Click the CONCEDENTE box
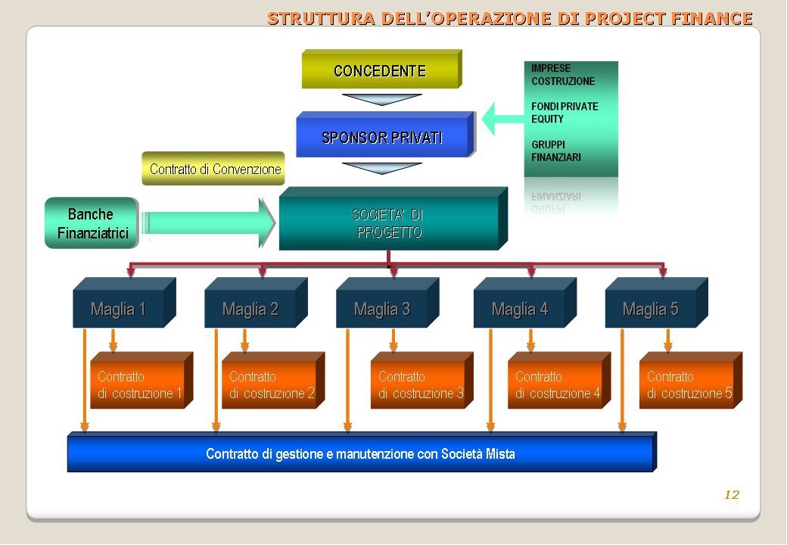(x=380, y=71)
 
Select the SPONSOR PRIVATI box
(x=383, y=137)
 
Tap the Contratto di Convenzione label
(x=215, y=170)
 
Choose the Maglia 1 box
(x=119, y=309)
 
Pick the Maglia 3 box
(x=382, y=309)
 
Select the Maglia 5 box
(x=651, y=309)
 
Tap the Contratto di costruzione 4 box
(x=557, y=385)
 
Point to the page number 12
(x=731, y=495)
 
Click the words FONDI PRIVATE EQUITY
(x=564, y=113)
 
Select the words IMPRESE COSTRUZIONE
(x=562, y=75)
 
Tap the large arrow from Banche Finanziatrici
(x=208, y=223)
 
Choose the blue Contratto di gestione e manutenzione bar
(x=360, y=454)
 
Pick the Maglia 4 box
(x=520, y=309)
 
